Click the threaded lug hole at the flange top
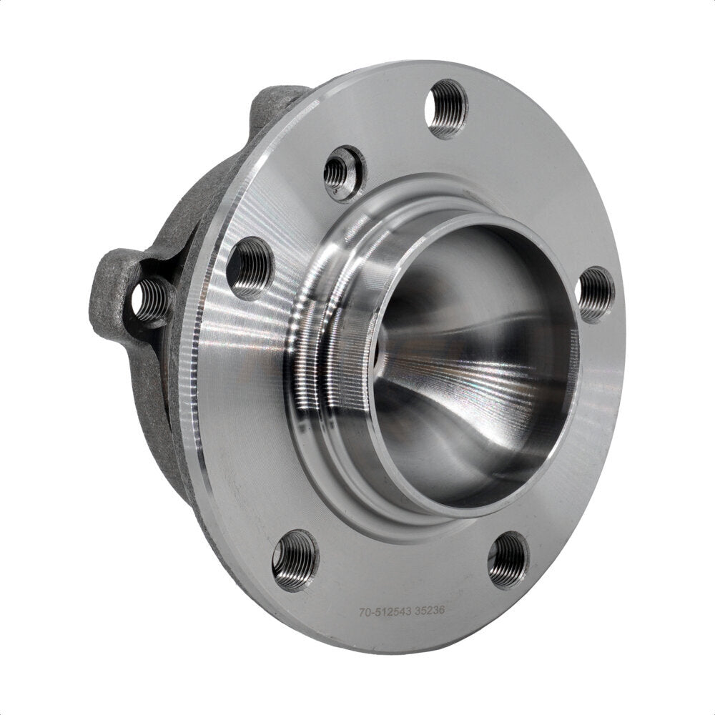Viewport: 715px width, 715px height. point(446,108)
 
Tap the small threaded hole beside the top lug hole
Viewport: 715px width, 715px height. point(337,172)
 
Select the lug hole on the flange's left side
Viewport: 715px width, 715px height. point(250,267)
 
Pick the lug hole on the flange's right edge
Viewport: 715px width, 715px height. point(595,294)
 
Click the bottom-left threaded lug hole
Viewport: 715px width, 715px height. point(295,559)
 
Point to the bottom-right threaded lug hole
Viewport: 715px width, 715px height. point(508,559)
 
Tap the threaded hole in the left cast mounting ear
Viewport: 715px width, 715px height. point(149,300)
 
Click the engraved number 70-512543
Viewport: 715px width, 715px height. point(389,612)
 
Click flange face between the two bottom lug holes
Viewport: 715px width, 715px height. point(400,565)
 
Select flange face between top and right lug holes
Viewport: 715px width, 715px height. point(543,186)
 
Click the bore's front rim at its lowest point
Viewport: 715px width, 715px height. point(458,506)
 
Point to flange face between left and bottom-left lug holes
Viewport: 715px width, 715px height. point(243,415)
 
